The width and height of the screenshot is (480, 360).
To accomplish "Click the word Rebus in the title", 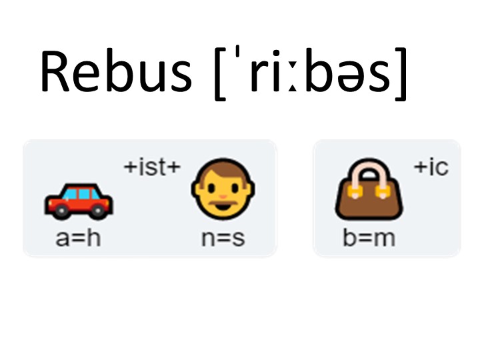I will pyautogui.click(x=116, y=71).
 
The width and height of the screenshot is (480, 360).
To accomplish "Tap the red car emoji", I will pyautogui.click(x=79, y=201).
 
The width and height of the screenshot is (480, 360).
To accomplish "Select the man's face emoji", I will pyautogui.click(x=223, y=190).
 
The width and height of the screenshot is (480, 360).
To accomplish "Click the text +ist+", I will pyautogui.click(x=152, y=167).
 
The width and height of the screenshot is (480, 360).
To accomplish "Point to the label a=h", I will pyautogui.click(x=78, y=238).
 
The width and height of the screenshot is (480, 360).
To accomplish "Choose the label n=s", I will pyautogui.click(x=223, y=238).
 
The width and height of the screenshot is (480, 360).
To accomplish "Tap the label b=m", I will pyautogui.click(x=369, y=238).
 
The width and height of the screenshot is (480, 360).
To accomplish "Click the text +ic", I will pyautogui.click(x=431, y=167).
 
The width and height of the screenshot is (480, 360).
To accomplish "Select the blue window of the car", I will pyautogui.click(x=81, y=194).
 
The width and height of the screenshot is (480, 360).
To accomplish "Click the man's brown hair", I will pyautogui.click(x=223, y=167).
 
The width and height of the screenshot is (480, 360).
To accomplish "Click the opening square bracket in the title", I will pyautogui.click(x=220, y=73).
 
